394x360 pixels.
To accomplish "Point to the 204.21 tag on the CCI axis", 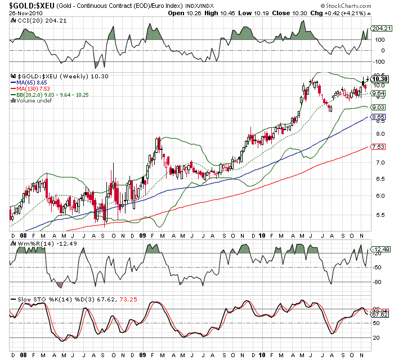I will pyautogui.click(x=381, y=28).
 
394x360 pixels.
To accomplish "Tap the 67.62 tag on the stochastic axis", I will pyautogui.click(x=380, y=314).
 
